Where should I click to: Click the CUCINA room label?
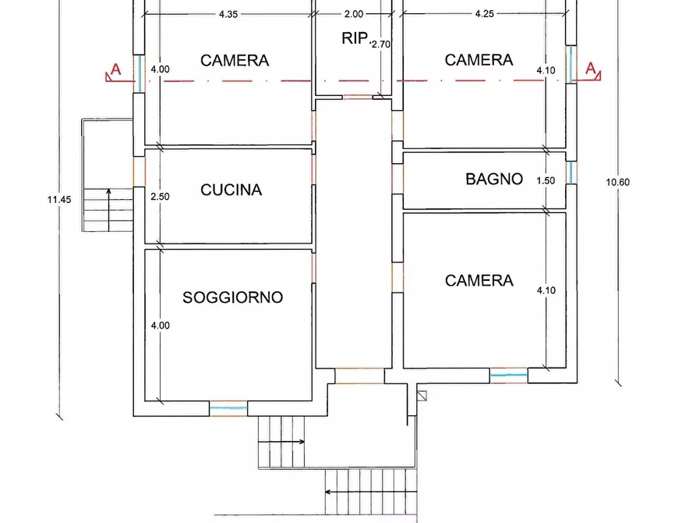[x=231, y=190]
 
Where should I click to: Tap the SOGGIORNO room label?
[x=232, y=297]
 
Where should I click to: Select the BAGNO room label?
[x=494, y=180]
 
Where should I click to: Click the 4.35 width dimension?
[x=228, y=14]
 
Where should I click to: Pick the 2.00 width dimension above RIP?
[x=353, y=14]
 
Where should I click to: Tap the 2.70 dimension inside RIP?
[x=380, y=45]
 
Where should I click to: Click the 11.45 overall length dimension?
[x=58, y=200]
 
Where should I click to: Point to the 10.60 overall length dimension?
[x=617, y=182]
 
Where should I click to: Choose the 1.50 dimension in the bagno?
[x=546, y=180]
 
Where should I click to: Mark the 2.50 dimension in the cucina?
[x=159, y=197]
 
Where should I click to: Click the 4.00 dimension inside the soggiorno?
[x=160, y=326]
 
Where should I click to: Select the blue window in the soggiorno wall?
[x=228, y=407]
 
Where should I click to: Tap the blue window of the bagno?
[x=571, y=173]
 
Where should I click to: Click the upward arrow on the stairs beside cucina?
[x=108, y=192]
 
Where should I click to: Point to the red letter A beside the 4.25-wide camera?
[x=591, y=69]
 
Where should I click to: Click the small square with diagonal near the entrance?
[x=422, y=396]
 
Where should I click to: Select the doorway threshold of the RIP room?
[x=358, y=98]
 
